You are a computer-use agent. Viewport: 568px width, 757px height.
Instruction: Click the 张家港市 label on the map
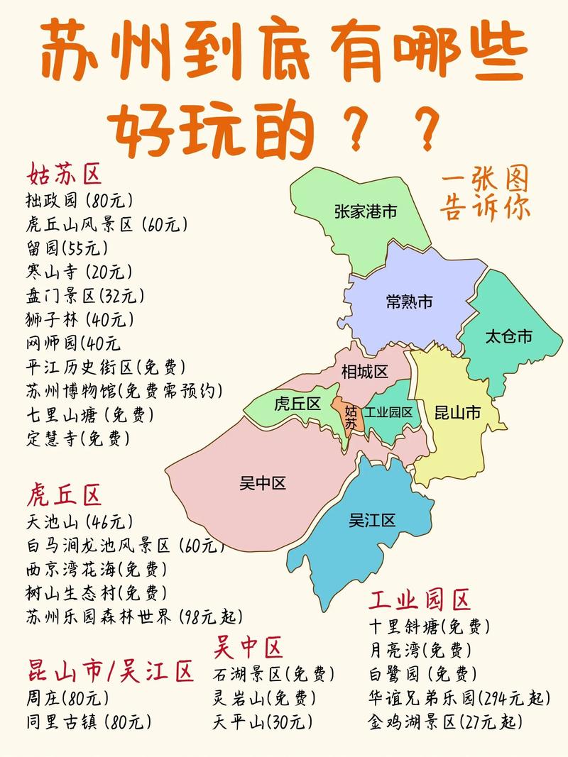tap(366, 211)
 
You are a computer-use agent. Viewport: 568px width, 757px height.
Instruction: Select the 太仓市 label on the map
tap(508, 336)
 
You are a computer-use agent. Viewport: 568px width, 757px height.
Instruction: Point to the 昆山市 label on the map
tap(457, 413)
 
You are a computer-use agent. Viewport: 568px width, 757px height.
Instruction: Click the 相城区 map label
tap(365, 372)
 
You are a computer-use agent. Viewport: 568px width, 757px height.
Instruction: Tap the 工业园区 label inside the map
tap(389, 412)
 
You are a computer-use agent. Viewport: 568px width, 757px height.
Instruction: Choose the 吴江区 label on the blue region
tap(372, 521)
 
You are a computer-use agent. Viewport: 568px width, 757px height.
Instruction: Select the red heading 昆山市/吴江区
tap(110, 670)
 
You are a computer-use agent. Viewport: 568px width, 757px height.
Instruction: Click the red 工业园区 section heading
tap(420, 600)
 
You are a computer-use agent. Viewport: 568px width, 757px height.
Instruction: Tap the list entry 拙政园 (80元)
tap(79, 199)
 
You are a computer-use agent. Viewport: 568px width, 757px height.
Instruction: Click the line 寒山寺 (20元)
tap(78, 271)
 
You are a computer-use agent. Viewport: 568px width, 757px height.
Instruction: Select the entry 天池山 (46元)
tap(79, 521)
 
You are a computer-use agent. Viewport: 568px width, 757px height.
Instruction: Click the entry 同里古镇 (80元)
tap(88, 722)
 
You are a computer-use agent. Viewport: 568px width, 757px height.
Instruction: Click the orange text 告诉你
tap(485, 207)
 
